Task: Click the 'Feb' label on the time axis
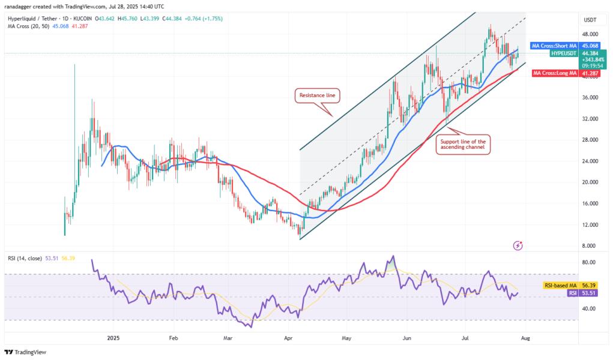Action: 174,338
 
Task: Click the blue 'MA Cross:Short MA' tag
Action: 554,46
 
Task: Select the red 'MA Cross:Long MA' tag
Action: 554,73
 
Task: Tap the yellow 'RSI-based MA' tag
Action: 558,286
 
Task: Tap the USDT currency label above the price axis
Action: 590,20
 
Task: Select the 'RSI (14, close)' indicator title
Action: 24,258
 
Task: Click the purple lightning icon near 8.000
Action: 518,245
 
